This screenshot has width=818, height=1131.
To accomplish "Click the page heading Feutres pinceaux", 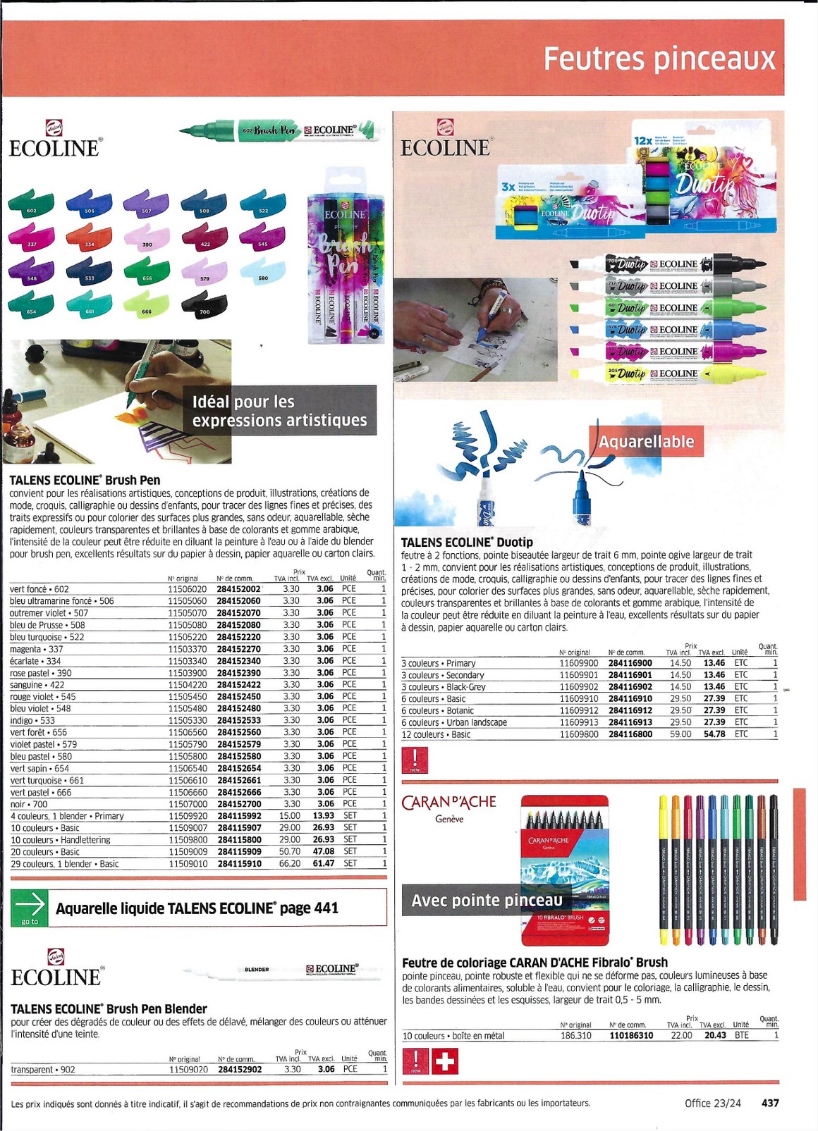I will click(659, 59).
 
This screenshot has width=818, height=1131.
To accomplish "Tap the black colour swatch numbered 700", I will click(204, 305).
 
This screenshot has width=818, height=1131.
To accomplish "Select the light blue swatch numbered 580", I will click(262, 274).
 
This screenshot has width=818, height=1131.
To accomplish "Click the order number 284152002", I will click(239, 589).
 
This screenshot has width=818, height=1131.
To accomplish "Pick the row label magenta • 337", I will click(37, 649).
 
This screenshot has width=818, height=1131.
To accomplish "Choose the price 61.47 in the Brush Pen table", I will click(324, 863).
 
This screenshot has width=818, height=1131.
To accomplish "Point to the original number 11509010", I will click(187, 864).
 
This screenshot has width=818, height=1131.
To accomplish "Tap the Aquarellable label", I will click(647, 442).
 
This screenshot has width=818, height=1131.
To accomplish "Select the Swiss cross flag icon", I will click(444, 1061).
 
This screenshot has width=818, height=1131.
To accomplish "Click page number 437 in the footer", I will click(770, 1103).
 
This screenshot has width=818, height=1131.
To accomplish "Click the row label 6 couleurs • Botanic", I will click(438, 710).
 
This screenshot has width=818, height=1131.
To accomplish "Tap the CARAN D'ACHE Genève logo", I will click(449, 808).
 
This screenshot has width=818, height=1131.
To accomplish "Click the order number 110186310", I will click(631, 1035).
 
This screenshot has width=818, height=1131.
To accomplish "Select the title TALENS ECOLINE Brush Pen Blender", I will click(109, 1009).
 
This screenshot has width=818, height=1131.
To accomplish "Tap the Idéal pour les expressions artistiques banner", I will click(279, 411).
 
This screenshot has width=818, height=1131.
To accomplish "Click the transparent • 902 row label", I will click(42, 1070).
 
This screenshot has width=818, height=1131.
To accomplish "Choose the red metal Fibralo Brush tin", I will click(565, 870).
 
